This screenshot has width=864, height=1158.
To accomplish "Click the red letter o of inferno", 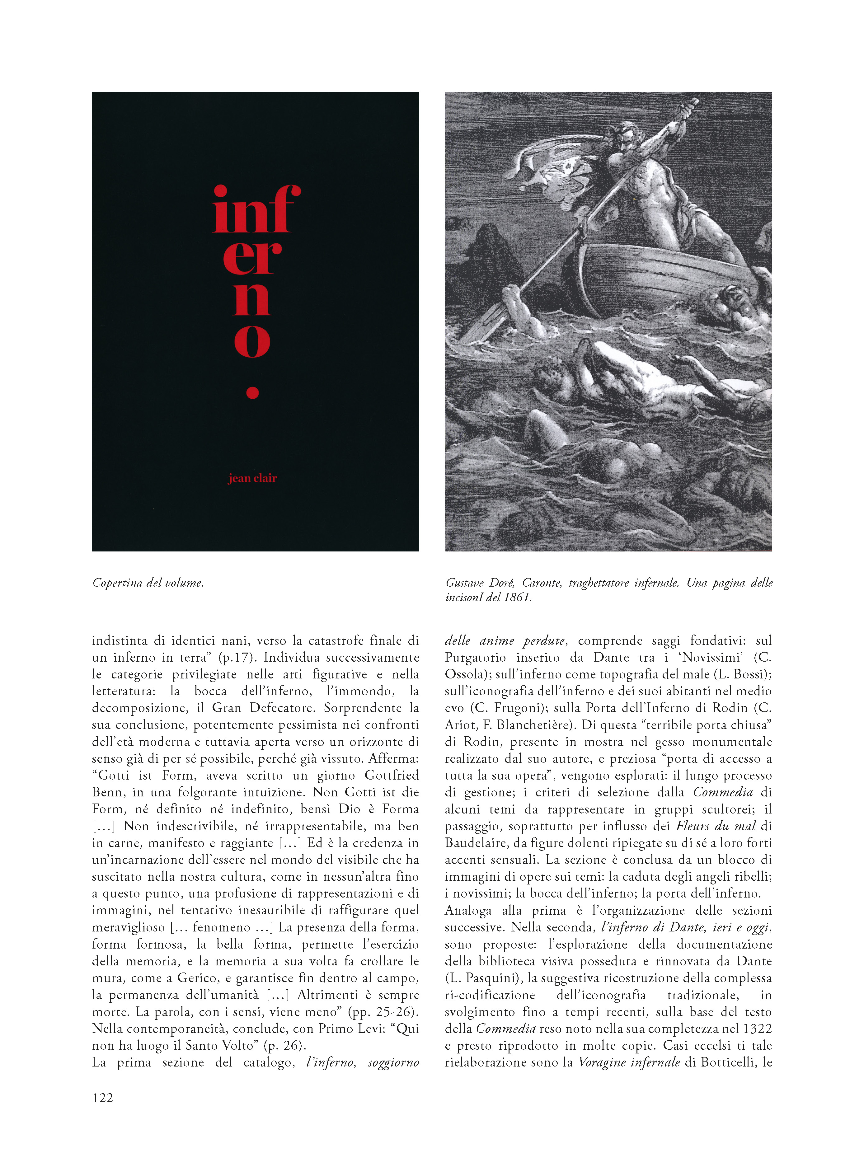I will [253, 340].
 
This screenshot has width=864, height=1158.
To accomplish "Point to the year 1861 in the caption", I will [516, 598].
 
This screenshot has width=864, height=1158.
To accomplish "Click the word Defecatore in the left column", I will [282, 708].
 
